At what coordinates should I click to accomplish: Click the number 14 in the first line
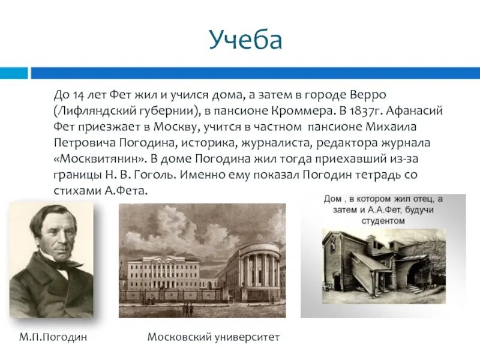[79, 96]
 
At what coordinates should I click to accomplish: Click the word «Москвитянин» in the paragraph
[98, 158]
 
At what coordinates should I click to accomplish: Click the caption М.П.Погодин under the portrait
[53, 337]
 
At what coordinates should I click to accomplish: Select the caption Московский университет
[214, 337]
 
